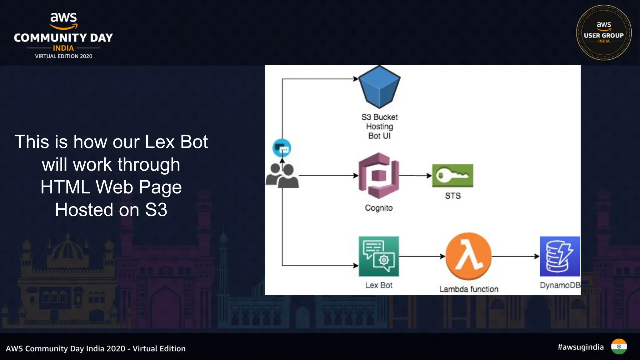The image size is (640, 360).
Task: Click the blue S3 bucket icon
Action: tap(379, 87)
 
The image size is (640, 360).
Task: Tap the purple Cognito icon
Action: tap(379, 176)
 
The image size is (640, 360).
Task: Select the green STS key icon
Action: tap(452, 176)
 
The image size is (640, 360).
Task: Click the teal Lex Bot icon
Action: tap(379, 256)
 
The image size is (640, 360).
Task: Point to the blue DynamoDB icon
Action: tap(559, 256)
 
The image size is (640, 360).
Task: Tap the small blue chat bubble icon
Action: tap(282, 148)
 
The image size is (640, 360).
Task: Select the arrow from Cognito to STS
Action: tap(416, 176)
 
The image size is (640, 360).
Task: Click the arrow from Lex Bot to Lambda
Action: tap(422, 256)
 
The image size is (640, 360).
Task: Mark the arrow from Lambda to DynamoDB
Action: tap(516, 256)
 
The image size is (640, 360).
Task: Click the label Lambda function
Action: tap(468, 289)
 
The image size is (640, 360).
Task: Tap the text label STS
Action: tap(452, 196)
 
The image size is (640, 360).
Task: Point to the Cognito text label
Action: tap(379, 208)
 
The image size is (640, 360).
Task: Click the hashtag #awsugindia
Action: tap(580, 347)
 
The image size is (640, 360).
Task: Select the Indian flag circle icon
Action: tap(619, 347)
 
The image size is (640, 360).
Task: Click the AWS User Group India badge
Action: tap(603, 32)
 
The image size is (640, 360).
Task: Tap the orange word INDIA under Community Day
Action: tap(63, 48)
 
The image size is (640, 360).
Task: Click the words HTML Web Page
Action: tap(111, 187)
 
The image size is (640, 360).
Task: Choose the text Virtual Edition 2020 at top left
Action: tap(63, 56)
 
